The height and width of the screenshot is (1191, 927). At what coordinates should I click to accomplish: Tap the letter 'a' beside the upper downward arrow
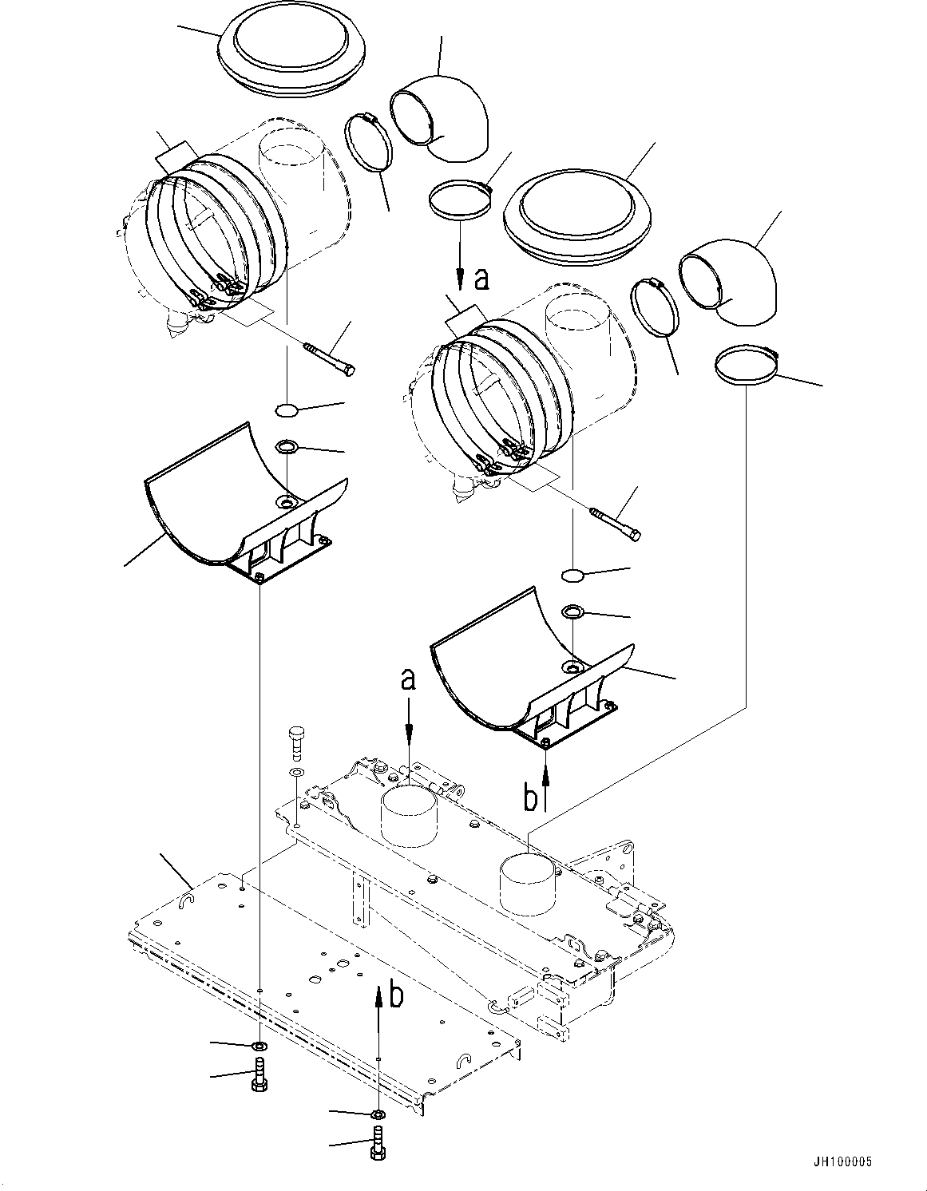[x=481, y=279]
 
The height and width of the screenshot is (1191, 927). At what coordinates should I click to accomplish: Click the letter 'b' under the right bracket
[x=530, y=798]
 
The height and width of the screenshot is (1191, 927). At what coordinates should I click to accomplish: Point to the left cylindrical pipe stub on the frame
[x=410, y=817]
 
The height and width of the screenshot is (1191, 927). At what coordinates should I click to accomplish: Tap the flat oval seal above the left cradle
[x=286, y=409]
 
